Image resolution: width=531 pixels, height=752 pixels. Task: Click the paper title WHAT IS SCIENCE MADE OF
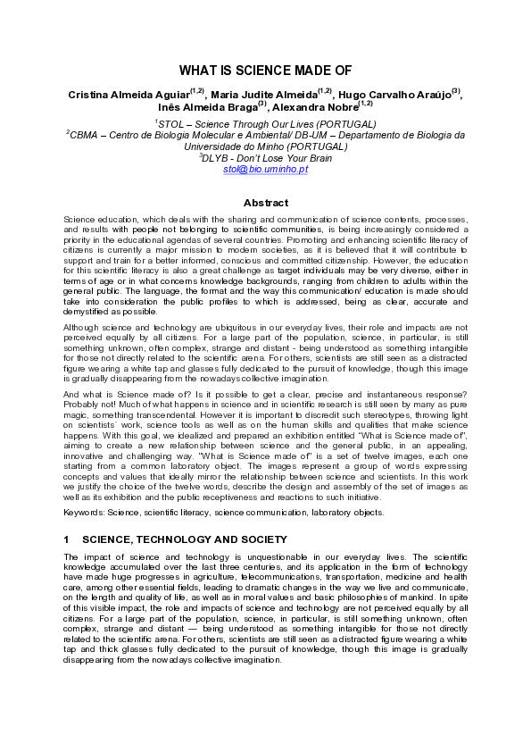[x=265, y=70]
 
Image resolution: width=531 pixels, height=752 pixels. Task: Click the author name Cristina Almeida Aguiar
[x=132, y=95]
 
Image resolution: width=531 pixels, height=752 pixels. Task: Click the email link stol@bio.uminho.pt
[x=265, y=168]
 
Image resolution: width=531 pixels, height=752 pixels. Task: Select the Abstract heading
[x=265, y=203]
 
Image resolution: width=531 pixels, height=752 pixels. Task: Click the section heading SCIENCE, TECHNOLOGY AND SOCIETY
[x=184, y=539]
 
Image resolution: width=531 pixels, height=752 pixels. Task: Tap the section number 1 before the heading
[x=67, y=539]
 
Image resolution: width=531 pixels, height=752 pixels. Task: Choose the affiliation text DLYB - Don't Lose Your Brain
[x=265, y=157]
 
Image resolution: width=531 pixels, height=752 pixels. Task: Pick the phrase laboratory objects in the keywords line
[x=347, y=513]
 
